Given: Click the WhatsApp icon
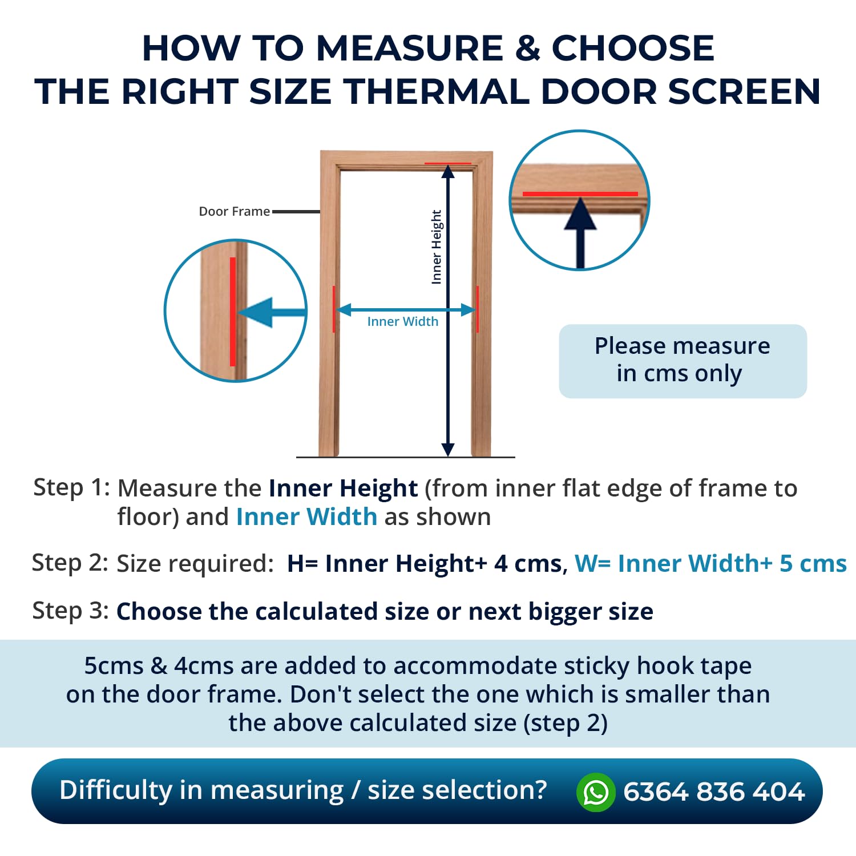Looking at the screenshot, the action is [596, 792].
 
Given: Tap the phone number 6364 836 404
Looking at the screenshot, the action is [714, 792].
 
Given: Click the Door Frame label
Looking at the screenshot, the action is [234, 211].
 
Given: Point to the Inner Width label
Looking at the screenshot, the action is [403, 321].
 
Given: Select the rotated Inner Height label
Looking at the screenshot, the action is [437, 247].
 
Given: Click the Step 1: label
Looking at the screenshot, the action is [71, 488].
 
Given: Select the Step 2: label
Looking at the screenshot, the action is [70, 563].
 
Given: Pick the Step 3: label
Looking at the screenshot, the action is [70, 611].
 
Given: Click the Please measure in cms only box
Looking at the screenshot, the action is [683, 361].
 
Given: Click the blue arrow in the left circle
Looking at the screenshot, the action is [272, 312].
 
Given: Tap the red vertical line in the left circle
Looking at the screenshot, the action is [233, 312].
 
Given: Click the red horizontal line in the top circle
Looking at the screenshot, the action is [580, 194].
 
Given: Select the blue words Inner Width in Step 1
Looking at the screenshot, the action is [306, 517].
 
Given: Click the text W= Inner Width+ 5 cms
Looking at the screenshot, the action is [710, 563].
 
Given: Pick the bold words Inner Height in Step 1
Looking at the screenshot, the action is [343, 488].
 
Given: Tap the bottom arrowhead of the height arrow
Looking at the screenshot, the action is [448, 449].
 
